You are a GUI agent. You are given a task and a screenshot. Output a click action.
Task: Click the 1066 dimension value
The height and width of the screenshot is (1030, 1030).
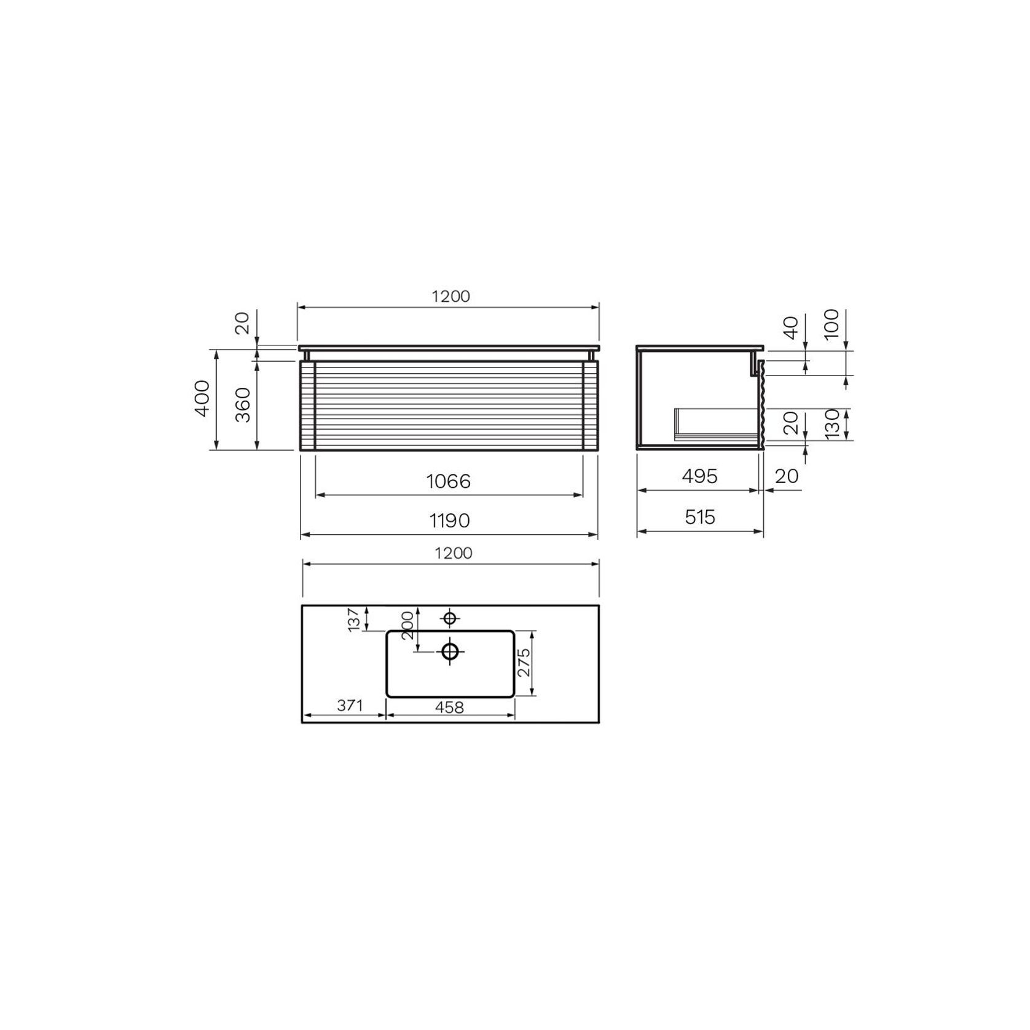[449, 481]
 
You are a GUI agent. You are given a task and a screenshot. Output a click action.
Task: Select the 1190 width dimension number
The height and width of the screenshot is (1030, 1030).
[449, 521]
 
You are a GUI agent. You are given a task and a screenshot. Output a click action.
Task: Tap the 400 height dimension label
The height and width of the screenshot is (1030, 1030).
[202, 398]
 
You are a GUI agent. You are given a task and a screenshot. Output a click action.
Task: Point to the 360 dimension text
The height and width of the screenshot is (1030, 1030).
[243, 404]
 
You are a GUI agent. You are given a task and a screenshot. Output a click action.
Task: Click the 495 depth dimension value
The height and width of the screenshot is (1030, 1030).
[699, 476]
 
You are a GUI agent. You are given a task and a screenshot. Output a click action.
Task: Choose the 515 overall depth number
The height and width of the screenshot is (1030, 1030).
[700, 517]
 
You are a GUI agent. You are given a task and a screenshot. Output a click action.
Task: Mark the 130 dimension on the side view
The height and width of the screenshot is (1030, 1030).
[831, 423]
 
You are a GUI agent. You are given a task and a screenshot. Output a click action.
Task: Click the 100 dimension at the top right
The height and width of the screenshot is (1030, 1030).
[831, 324]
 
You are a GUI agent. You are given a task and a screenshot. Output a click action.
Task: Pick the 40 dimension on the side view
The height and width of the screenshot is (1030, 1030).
[791, 328]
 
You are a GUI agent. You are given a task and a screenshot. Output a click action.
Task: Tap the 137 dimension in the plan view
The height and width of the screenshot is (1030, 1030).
[353, 619]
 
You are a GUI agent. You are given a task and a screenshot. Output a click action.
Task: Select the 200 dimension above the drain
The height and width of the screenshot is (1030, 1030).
[407, 626]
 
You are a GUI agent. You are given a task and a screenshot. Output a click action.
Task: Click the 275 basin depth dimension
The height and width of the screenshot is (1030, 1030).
[524, 662]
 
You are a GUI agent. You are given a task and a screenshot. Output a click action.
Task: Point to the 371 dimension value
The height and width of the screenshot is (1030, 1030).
[350, 706]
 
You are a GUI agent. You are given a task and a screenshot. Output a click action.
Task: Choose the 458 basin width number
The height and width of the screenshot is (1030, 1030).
[449, 707]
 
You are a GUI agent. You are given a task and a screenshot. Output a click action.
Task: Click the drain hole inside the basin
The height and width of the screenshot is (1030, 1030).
[450, 651]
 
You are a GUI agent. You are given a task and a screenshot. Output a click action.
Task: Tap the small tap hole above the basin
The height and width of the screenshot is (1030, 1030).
[450, 618]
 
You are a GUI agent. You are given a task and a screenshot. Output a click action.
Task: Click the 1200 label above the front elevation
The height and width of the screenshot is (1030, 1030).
[450, 296]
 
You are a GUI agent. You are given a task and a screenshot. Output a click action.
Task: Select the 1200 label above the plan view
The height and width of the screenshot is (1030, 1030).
[454, 553]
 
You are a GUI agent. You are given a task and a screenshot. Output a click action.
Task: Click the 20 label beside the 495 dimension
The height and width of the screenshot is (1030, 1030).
[787, 476]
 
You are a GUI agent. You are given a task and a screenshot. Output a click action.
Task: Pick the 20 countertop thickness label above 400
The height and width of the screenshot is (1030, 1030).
[243, 323]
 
